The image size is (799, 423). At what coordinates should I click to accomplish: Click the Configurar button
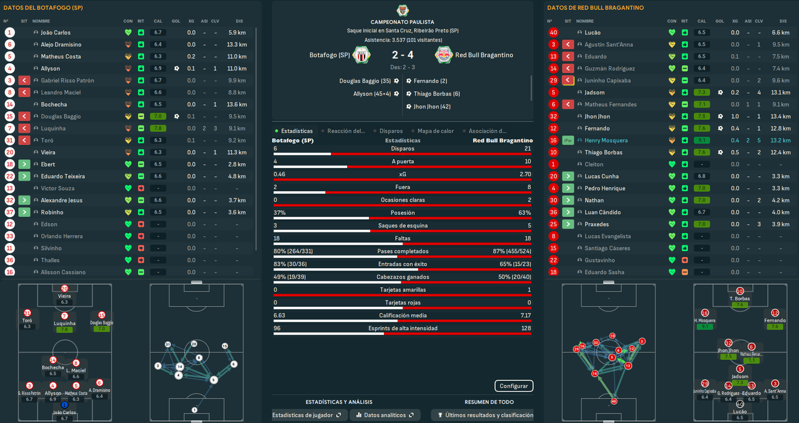point(514,386)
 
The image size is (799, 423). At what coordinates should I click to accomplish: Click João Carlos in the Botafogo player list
point(56,32)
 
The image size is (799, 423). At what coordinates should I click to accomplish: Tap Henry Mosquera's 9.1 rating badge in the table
point(702,141)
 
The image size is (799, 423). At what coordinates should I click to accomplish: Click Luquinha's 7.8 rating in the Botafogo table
point(158,129)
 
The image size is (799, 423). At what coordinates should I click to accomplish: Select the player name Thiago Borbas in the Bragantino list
point(603,152)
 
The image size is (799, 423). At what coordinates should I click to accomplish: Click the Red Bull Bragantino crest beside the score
point(444,55)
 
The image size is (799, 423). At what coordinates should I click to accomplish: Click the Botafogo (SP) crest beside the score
point(362,55)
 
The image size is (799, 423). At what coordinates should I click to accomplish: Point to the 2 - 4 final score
point(403,55)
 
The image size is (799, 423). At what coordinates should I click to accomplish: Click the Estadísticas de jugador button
point(306,415)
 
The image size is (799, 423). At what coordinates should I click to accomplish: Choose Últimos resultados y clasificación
point(485,415)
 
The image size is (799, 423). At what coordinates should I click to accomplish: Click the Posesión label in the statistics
point(403,212)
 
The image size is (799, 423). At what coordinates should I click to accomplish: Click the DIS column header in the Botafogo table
point(240,21)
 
